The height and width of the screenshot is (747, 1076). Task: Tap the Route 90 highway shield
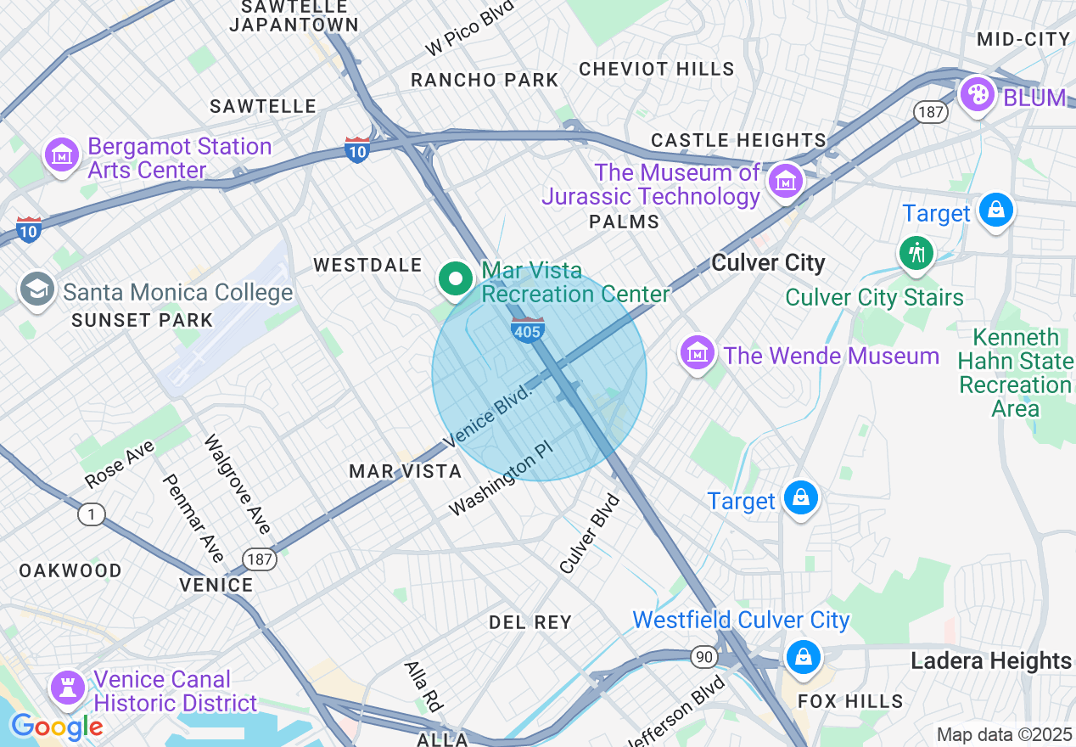click(703, 657)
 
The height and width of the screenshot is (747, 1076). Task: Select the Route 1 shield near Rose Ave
click(91, 514)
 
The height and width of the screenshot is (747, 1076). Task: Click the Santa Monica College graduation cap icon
click(37, 289)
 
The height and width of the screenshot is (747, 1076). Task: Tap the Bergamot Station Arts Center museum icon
click(62, 155)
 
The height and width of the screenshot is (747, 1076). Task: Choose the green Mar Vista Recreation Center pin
click(456, 279)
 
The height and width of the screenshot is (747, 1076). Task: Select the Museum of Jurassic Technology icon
click(786, 181)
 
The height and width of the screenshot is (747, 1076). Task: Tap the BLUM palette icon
click(978, 94)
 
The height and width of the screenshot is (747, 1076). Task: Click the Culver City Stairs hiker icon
click(916, 253)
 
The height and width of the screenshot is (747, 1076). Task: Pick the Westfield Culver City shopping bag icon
click(802, 657)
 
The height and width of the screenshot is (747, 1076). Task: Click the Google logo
click(56, 727)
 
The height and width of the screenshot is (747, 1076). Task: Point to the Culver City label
click(768, 263)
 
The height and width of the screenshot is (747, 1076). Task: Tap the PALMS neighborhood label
click(625, 222)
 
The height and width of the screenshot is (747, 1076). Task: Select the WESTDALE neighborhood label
click(367, 266)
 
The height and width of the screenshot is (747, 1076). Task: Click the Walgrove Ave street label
click(238, 485)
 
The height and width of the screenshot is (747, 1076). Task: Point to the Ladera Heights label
click(991, 660)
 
